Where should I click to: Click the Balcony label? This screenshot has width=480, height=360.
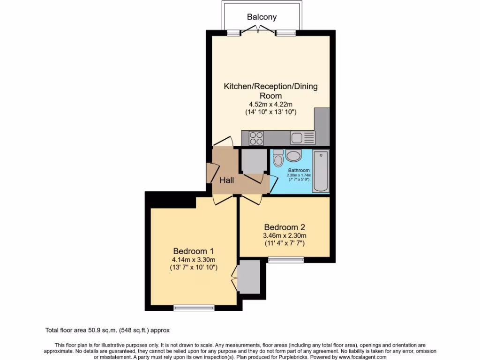[x=262, y=17]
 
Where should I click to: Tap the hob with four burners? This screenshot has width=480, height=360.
[x=256, y=138]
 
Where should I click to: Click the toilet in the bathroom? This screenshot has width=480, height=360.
[x=278, y=158]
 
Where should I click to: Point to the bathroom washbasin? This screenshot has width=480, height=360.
[x=293, y=156]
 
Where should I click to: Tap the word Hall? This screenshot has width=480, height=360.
[x=227, y=180]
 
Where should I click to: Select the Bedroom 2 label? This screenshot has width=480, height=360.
[x=284, y=225]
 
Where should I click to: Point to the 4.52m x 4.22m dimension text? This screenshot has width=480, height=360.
[x=270, y=104]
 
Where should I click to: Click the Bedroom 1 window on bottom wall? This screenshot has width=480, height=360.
[x=194, y=308]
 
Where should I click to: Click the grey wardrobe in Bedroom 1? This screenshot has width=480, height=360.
[x=248, y=277]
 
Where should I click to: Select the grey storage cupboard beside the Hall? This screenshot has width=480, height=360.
[x=253, y=161]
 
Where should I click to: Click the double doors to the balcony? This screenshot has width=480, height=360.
[x=258, y=31]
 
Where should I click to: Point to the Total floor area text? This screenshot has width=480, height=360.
[x=110, y=330]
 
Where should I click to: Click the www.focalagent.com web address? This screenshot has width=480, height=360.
[x=360, y=357]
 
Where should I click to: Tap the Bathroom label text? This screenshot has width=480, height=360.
[x=299, y=170]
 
